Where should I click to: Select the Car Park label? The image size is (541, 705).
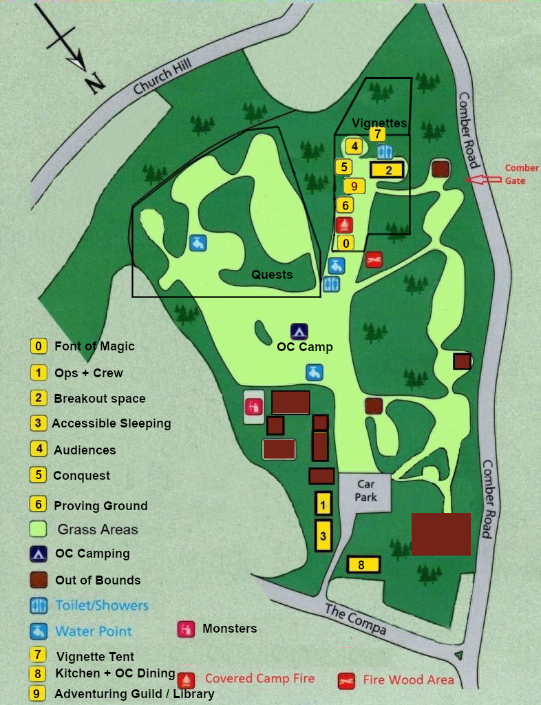pyautogui.click(x=365, y=492)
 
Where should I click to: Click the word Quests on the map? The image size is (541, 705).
pyautogui.click(x=271, y=275)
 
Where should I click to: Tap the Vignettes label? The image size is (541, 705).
pyautogui.click(x=379, y=123)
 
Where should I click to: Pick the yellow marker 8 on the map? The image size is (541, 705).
pyautogui.click(x=363, y=565)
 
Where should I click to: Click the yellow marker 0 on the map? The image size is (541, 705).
pyautogui.click(x=346, y=243)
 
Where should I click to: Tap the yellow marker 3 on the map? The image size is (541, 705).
pyautogui.click(x=323, y=536)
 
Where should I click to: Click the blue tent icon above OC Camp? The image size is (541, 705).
pyautogui.click(x=299, y=331)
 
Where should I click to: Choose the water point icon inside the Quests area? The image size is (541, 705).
pyautogui.click(x=198, y=243)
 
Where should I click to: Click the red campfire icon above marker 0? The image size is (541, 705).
pyautogui.click(x=344, y=224)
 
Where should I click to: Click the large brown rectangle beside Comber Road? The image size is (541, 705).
pyautogui.click(x=441, y=534)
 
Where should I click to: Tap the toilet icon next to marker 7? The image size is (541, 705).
pyautogui.click(x=385, y=152)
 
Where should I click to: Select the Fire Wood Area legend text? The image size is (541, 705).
pyautogui.click(x=408, y=680)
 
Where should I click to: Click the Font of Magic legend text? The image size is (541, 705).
pyautogui.click(x=94, y=346)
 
